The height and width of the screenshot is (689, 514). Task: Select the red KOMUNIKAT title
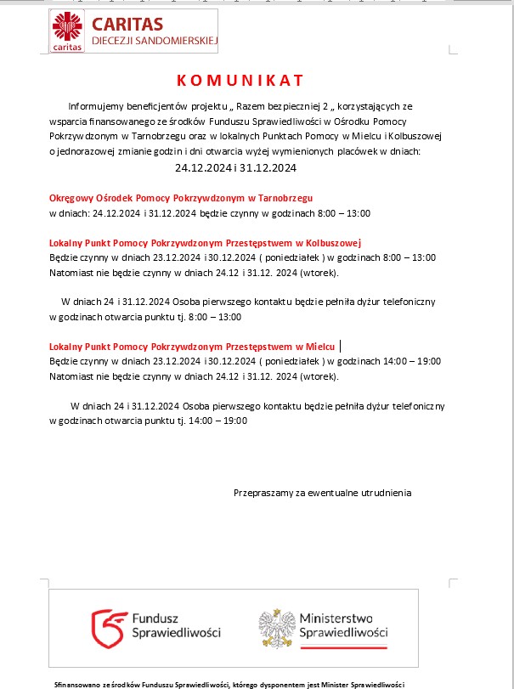240,81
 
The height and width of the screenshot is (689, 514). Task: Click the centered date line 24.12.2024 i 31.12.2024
235,167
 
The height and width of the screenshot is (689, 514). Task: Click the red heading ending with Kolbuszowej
206,241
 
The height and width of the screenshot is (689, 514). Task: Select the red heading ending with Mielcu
191,347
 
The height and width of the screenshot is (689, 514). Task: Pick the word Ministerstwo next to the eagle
336,618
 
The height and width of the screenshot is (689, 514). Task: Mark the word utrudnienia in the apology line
385,492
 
